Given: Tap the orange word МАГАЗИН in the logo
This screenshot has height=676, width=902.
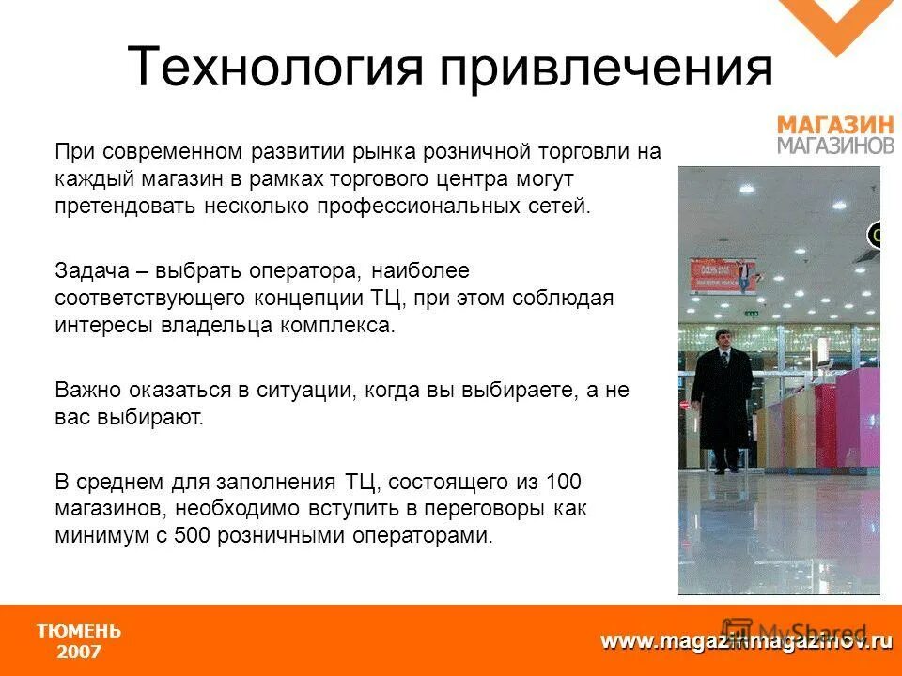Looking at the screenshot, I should coord(833,125).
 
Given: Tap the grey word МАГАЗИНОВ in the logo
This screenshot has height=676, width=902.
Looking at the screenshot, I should coord(835,146).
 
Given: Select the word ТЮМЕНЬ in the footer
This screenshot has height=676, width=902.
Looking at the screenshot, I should coord(79,631).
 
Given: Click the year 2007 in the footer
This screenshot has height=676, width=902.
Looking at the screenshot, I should coord(79,652).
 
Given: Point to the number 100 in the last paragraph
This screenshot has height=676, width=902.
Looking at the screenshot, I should coord(563,483).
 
